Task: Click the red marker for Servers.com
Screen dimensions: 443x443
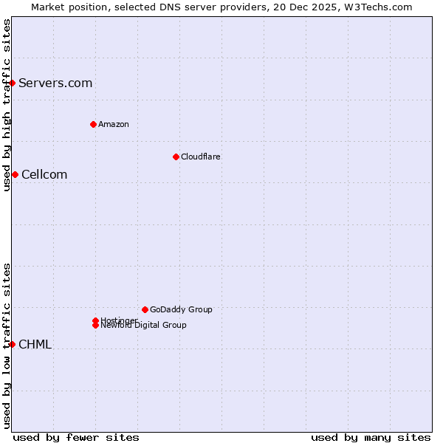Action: tap(13, 83)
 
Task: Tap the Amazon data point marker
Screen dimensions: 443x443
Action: tap(93, 124)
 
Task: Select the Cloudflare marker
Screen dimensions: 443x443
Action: tap(176, 157)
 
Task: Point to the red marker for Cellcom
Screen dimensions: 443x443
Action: tap(15, 174)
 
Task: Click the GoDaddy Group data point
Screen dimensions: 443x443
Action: tap(145, 309)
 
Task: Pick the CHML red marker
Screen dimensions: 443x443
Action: tap(13, 344)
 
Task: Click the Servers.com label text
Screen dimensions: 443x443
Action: tap(55, 83)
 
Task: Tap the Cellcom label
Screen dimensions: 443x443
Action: tap(44, 174)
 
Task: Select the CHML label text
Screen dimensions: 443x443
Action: tap(35, 344)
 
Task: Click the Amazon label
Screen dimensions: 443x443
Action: tap(114, 124)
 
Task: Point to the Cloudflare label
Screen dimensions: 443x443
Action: tap(201, 157)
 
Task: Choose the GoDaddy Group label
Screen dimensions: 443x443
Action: tap(181, 309)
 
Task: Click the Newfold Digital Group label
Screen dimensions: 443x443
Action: tap(143, 325)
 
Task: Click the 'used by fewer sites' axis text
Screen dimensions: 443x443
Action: tap(76, 437)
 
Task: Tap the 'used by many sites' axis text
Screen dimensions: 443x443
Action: tap(371, 437)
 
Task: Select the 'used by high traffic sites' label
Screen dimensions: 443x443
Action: tap(7, 105)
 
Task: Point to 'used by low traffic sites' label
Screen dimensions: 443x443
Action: tap(7, 346)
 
